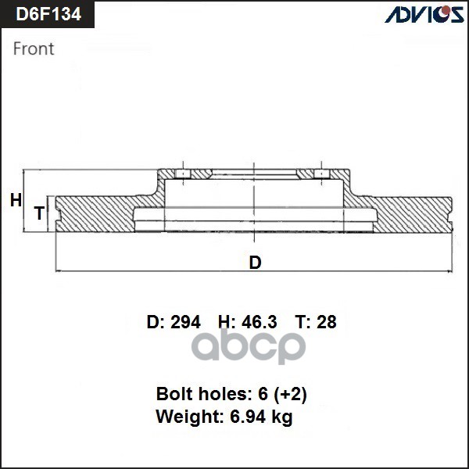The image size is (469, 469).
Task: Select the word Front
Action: click(x=34, y=48)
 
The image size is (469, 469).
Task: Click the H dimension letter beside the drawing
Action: click(x=16, y=201)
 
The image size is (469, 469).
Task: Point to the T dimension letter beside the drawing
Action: click(x=38, y=213)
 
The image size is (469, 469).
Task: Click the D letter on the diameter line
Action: click(x=255, y=263)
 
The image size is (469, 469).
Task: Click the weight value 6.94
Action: click(x=246, y=417)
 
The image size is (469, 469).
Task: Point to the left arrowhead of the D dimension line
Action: click(x=59, y=271)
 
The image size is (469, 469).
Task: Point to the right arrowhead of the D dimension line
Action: click(x=449, y=271)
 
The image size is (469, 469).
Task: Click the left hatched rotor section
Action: click(x=94, y=213)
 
